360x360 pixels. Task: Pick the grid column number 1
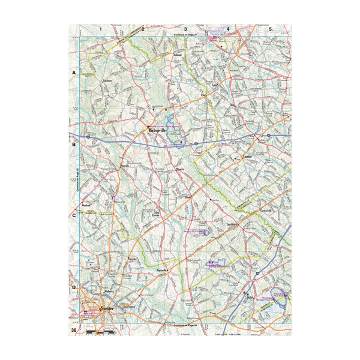[x=101, y=29]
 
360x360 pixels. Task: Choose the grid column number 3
[x=185, y=29]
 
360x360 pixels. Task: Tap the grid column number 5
[x=271, y=29]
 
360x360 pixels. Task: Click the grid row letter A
[x=74, y=73]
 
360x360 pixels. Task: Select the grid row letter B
[x=74, y=144]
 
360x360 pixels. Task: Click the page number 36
[x=73, y=331]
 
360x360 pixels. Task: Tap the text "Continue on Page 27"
[x=185, y=36]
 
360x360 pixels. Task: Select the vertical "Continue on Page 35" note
[x=78, y=180]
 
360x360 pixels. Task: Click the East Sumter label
[x=127, y=305]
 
